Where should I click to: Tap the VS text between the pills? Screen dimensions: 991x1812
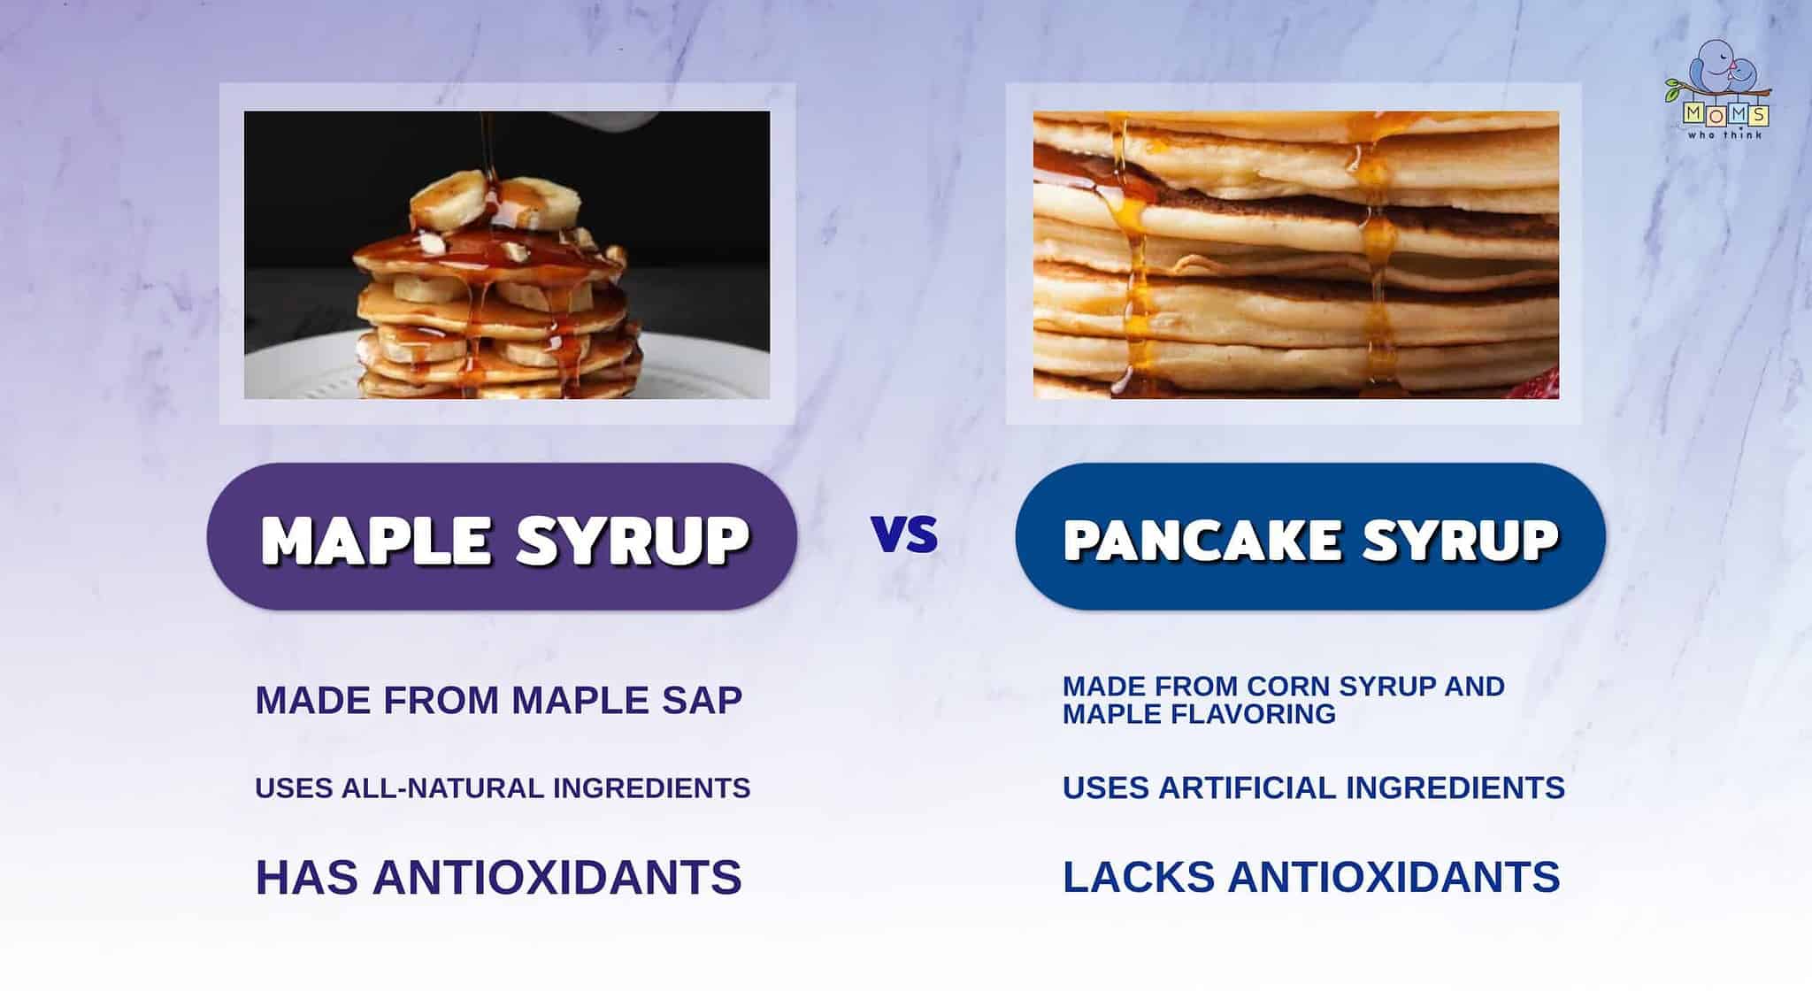coord(904,534)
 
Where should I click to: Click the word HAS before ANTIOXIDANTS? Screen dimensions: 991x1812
coord(306,877)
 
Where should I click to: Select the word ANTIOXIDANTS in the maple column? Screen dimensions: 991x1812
coord(557,877)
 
